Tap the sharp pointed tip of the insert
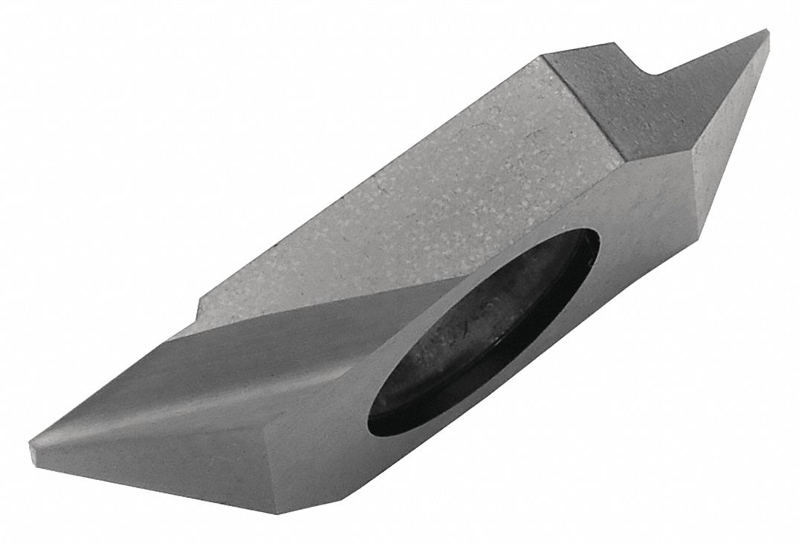point(766,31)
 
